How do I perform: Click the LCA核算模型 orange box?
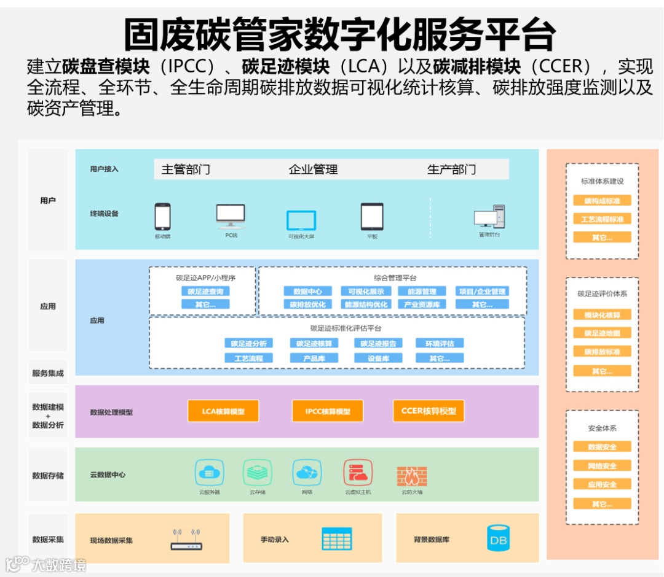[223, 411]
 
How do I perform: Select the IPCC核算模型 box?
[328, 411]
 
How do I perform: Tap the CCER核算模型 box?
[429, 411]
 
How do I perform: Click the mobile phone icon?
[162, 217]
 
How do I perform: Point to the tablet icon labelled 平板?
[372, 217]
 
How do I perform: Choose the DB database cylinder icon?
[497, 539]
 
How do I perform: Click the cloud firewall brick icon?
[412, 476]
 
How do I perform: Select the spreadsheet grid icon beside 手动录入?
[337, 539]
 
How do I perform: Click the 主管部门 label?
[186, 169]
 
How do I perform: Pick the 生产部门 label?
[451, 169]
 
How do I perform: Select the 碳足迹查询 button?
[205, 292]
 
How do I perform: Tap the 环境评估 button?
[439, 343]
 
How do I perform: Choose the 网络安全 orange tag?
[602, 466]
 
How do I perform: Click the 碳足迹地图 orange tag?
[602, 333]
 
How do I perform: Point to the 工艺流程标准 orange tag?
[602, 219]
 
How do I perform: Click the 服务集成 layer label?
[48, 373]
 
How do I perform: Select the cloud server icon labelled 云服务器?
[209, 473]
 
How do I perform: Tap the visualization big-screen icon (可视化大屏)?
[301, 220]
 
